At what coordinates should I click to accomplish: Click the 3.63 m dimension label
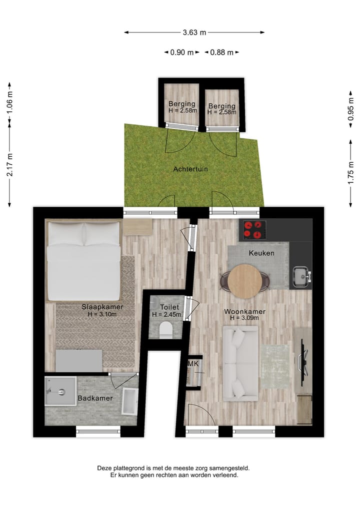[x=194, y=32]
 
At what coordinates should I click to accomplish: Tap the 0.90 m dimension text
[x=181, y=52]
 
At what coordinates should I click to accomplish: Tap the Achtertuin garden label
[x=190, y=169]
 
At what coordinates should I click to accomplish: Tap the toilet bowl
[x=164, y=330]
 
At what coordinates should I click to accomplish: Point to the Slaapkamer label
[x=102, y=307]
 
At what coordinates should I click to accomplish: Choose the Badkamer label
[x=95, y=399]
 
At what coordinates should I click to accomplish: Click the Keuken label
[x=261, y=253]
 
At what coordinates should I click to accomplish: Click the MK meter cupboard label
[x=193, y=364]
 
